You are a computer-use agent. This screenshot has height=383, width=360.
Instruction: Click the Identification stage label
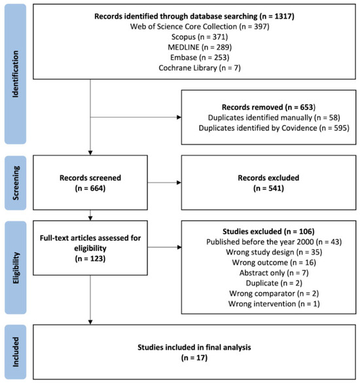(x=16, y=74)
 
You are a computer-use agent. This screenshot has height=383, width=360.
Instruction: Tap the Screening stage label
(x=16, y=183)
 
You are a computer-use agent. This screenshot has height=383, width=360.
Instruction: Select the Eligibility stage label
(x=16, y=268)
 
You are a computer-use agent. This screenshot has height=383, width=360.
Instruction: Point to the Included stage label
(x=16, y=352)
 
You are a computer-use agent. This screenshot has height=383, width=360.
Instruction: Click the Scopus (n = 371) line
(x=200, y=37)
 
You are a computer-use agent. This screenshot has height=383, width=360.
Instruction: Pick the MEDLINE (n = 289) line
(x=200, y=47)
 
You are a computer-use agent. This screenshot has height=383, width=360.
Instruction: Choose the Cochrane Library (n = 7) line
(x=200, y=67)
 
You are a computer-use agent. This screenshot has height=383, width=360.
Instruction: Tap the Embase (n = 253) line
(x=200, y=58)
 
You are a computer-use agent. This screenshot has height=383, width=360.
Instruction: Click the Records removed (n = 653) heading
(x=268, y=107)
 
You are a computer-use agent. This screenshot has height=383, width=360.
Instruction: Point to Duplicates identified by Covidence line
(x=274, y=128)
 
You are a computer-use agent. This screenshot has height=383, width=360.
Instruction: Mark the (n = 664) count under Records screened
(x=90, y=189)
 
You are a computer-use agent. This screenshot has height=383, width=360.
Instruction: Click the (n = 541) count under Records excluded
(x=268, y=189)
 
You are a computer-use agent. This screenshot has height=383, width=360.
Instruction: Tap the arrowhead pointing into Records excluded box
(x=179, y=183)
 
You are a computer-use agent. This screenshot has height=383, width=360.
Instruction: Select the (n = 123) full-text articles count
(x=90, y=259)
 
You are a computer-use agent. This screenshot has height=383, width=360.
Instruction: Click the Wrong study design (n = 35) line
(x=274, y=252)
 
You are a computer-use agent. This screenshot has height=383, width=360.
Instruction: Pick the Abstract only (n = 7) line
(x=274, y=273)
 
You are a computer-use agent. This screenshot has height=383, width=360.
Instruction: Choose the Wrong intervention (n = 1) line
(x=274, y=304)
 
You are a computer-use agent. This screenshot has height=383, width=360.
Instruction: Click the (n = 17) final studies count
(x=194, y=358)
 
